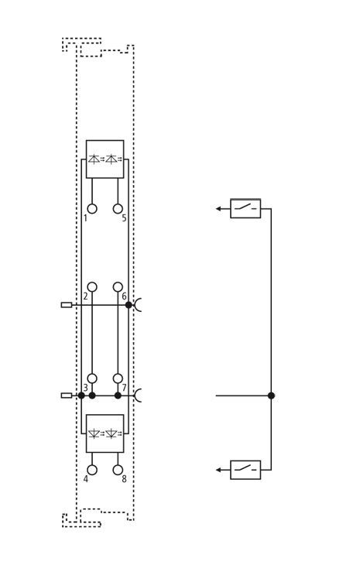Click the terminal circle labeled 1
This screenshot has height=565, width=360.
coord(92,209)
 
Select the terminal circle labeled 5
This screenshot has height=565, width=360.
coord(118,209)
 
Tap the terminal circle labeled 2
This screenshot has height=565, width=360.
coord(92,287)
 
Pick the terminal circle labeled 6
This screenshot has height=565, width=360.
coord(118,287)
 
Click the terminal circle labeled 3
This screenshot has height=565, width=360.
coord(92,378)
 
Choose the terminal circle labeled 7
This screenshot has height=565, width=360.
coord(118,378)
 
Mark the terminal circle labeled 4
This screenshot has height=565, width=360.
coord(92,470)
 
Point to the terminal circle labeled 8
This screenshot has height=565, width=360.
coord(118,470)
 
